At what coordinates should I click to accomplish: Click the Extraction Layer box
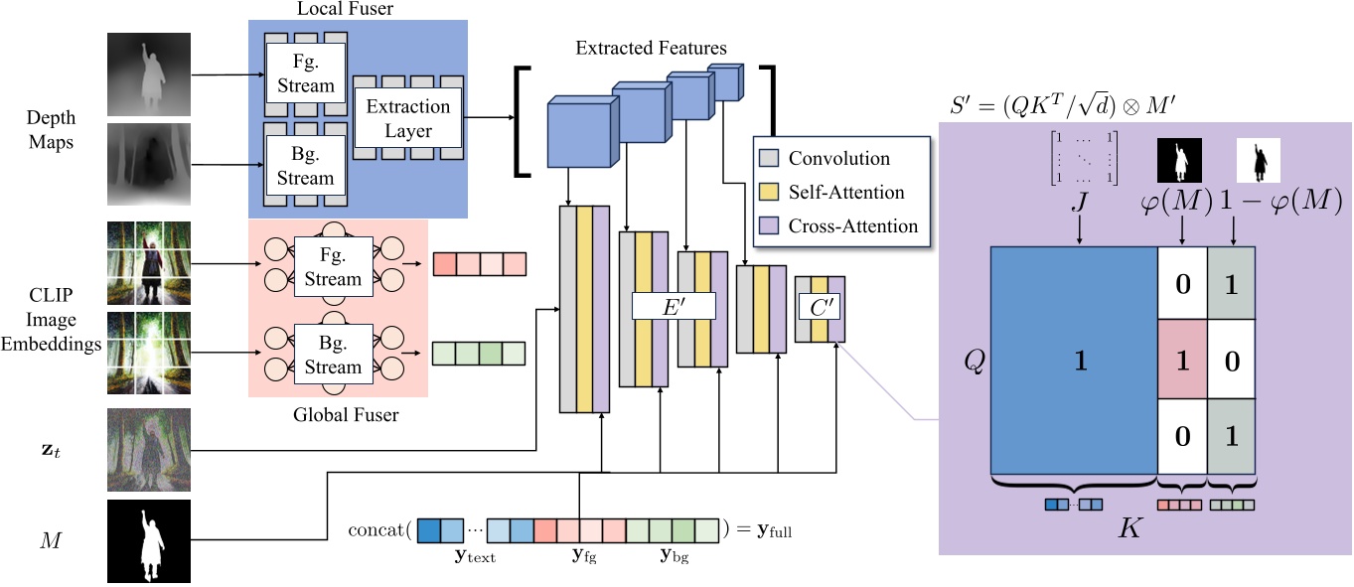point(408,118)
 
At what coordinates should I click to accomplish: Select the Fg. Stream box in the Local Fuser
point(306,73)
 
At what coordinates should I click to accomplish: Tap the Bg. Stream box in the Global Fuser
point(333,355)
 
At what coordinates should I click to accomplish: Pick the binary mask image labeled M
point(149,542)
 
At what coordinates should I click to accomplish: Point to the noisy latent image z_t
point(149,450)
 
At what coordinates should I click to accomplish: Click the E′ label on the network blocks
point(674,306)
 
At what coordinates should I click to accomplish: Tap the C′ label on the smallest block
point(820,307)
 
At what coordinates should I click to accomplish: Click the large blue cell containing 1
point(1074,362)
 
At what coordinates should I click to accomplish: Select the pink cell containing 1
point(1182,361)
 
